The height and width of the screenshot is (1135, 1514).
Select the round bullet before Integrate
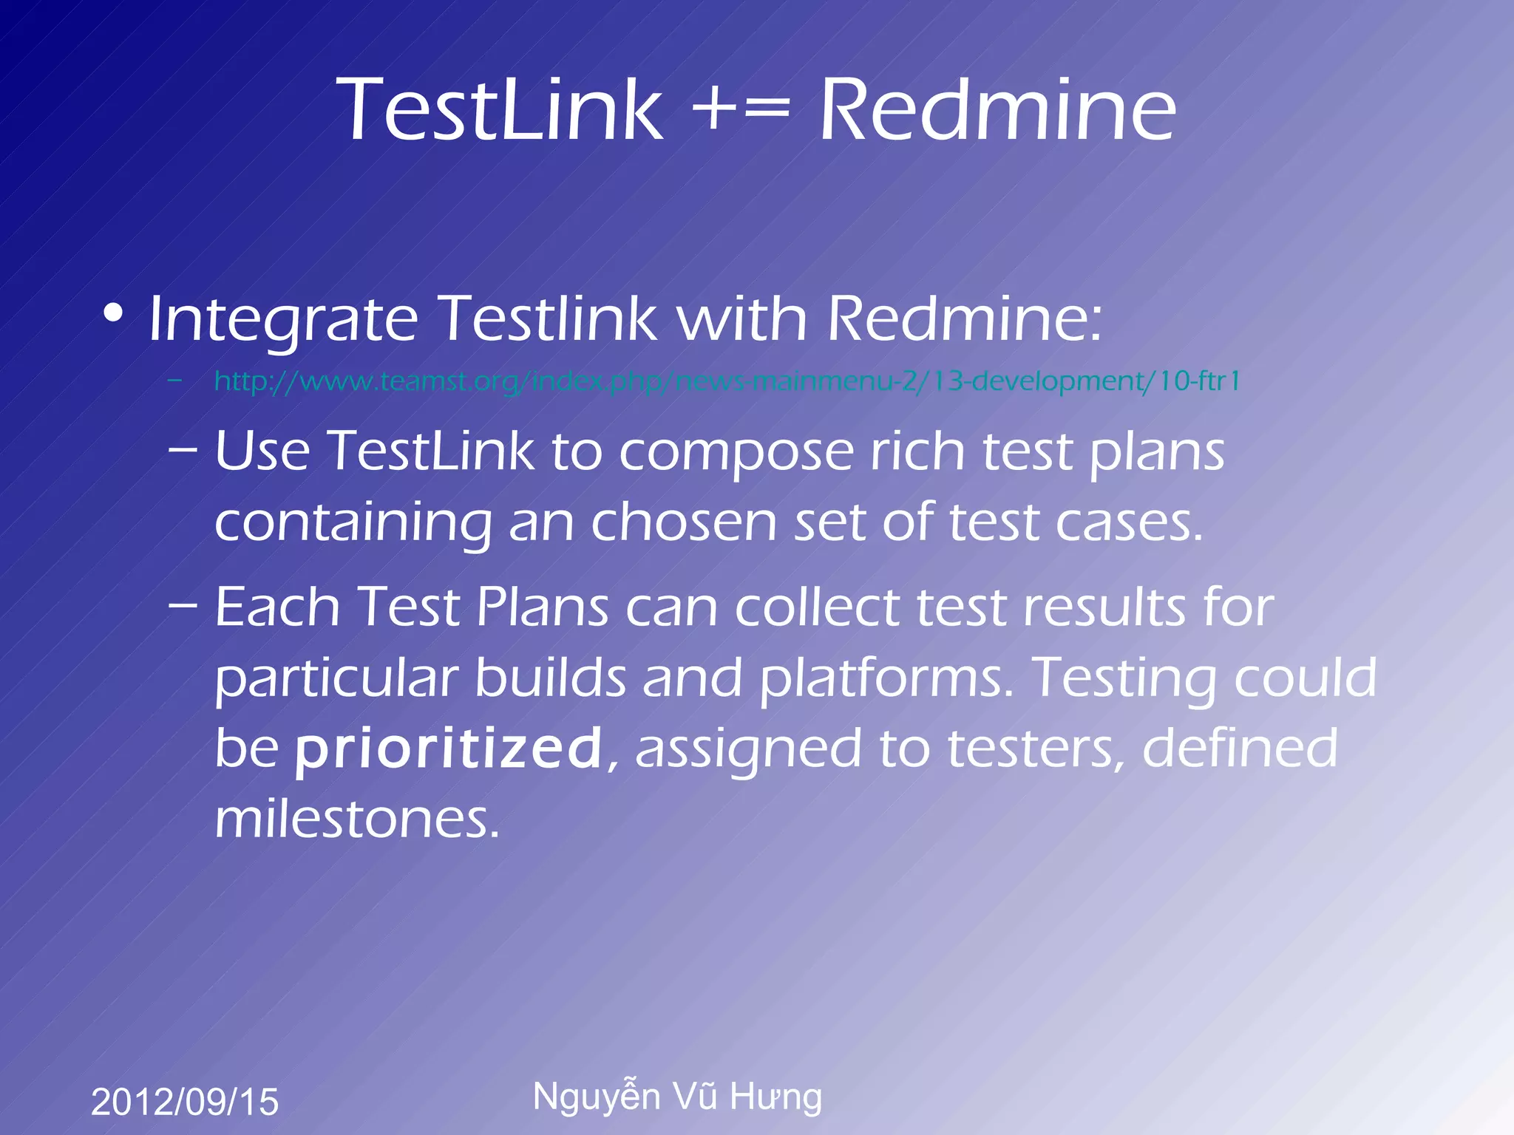pyautogui.click(x=113, y=313)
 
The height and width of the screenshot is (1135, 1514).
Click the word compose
pyautogui.click(x=736, y=452)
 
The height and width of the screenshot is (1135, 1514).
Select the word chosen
pyautogui.click(x=683, y=522)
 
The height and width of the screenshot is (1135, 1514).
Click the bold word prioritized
pyautogui.click(x=449, y=749)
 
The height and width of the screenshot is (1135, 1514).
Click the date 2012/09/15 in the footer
pyautogui.click(x=185, y=1102)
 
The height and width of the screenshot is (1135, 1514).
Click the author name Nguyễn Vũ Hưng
pyautogui.click(x=677, y=1096)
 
